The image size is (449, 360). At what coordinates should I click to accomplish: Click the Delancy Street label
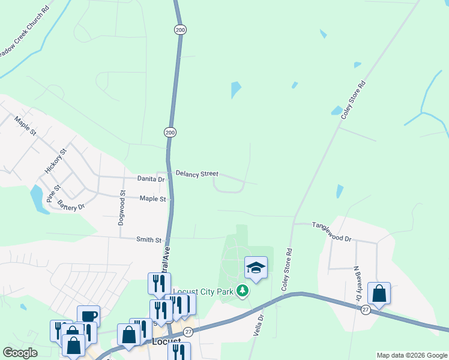pyautogui.click(x=197, y=173)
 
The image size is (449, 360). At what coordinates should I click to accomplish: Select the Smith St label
pyautogui.click(x=149, y=240)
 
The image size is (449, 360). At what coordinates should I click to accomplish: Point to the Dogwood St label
pyautogui.click(x=122, y=206)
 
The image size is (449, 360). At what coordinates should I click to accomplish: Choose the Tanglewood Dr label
pyautogui.click(x=331, y=231)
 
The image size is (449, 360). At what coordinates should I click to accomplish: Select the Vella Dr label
pyautogui.click(x=260, y=325)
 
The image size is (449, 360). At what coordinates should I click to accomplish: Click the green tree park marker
pyautogui.click(x=243, y=291)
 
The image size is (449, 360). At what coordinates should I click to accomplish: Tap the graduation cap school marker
pyautogui.click(x=256, y=268)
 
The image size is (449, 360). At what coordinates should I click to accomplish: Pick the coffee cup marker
pyautogui.click(x=88, y=316)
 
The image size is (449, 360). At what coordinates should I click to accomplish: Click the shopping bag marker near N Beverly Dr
pyautogui.click(x=379, y=293)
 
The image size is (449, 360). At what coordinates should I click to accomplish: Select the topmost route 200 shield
pyautogui.click(x=180, y=29)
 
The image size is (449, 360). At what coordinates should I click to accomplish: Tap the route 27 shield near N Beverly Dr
pyautogui.click(x=366, y=310)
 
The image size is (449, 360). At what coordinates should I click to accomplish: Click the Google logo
pyautogui.click(x=20, y=353)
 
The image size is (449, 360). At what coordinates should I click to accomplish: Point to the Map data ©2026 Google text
pyautogui.click(x=411, y=355)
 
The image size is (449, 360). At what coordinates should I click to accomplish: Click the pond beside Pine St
pyautogui.click(x=37, y=199)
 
